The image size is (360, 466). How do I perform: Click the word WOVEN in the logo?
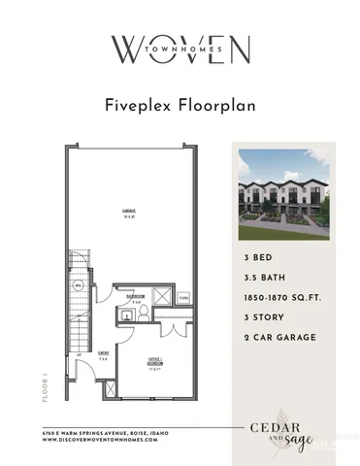tap(180, 48)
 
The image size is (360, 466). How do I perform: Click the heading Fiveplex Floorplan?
tap(180, 105)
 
